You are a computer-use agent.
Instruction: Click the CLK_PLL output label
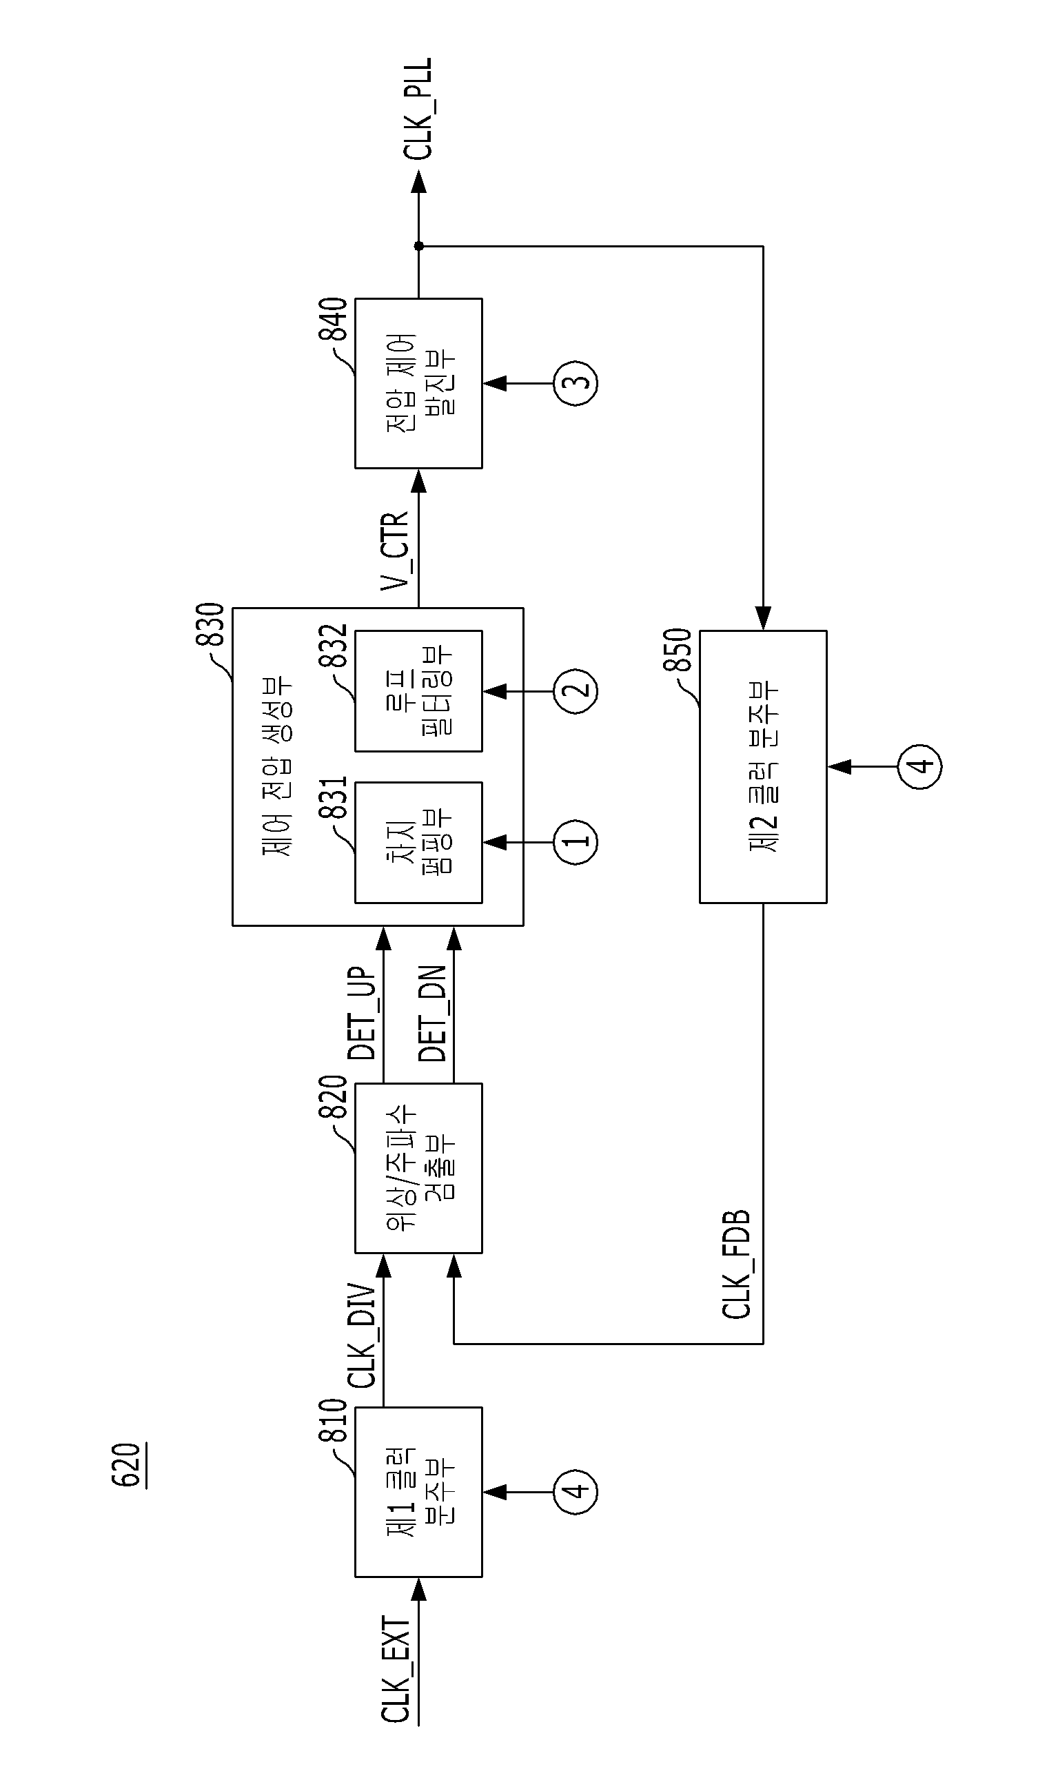click(418, 109)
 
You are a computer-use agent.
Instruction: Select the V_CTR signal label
click(395, 551)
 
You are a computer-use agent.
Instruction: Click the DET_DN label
click(432, 1013)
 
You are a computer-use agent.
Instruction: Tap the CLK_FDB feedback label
click(736, 1264)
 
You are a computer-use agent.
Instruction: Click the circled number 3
click(576, 382)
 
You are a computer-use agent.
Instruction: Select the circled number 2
click(576, 690)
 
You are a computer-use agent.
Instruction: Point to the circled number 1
click(576, 841)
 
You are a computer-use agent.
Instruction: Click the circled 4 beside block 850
click(920, 766)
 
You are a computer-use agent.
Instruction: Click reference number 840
click(332, 320)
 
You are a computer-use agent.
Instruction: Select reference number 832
click(332, 646)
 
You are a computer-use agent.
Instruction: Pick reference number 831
click(332, 798)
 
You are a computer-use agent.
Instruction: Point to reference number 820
click(332, 1098)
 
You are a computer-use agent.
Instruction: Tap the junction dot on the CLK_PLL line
click(418, 246)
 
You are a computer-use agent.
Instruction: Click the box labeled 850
click(763, 766)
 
